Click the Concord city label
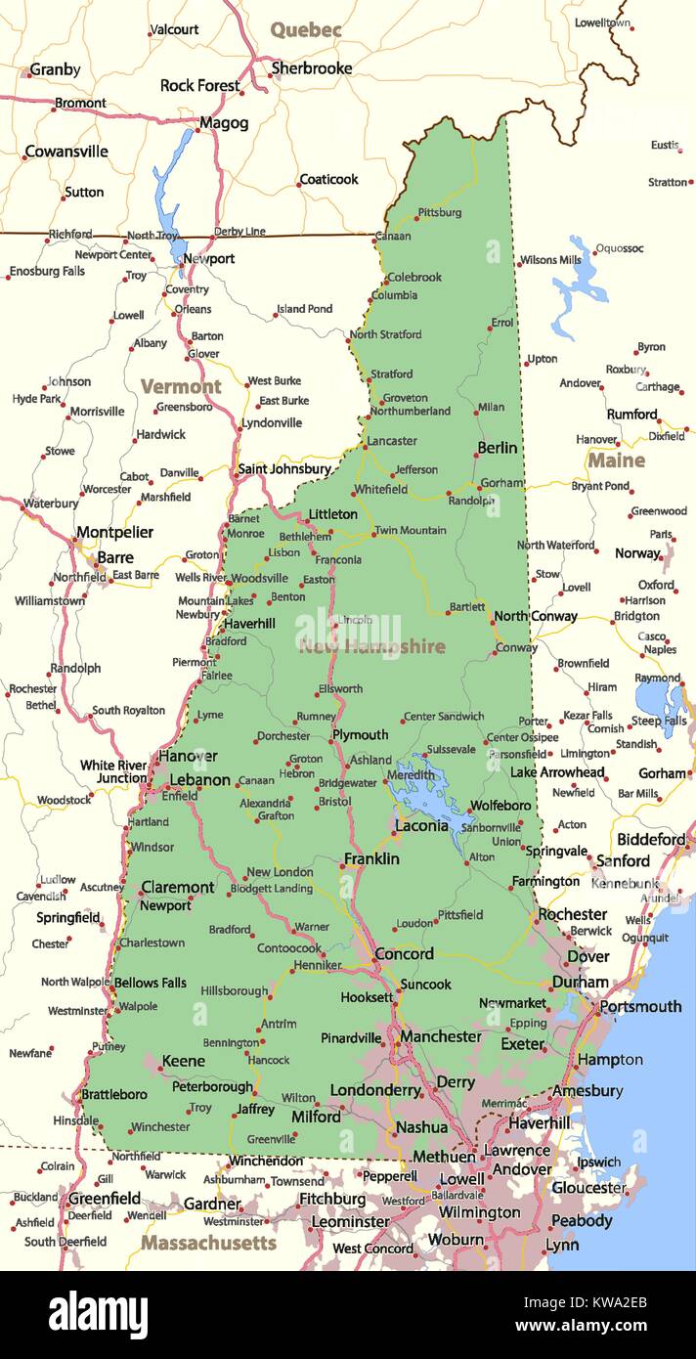404,954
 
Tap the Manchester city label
440,1036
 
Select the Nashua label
421,1127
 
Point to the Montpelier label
114,533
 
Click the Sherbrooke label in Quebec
311,68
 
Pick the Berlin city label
497,448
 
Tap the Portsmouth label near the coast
640,1006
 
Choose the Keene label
183,1061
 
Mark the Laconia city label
421,826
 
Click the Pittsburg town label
439,212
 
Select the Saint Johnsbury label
284,469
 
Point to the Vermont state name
181,386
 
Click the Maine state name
616,460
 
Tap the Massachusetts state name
208,1243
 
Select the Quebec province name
306,30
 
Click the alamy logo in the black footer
98,1314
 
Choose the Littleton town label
332,514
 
